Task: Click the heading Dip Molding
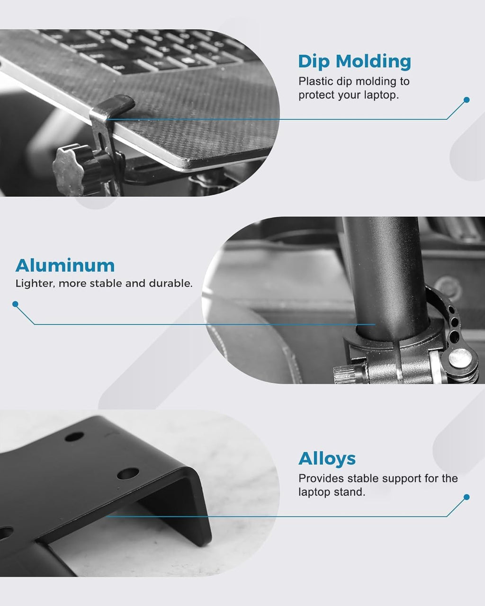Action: pos(355,62)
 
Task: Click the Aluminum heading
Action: pos(65,266)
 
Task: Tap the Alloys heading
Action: pos(327,459)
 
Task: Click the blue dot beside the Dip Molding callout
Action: pos(467,100)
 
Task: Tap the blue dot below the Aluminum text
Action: pos(16,304)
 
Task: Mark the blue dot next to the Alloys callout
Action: pos(467,497)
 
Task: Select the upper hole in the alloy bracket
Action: pos(74,436)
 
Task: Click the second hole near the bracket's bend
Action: pos(128,473)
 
